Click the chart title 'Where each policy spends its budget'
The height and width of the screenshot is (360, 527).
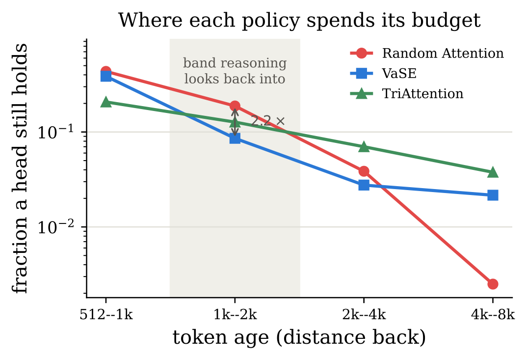[299, 20]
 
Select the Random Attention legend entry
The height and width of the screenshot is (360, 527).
[427, 53]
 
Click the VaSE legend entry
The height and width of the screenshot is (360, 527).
[384, 73]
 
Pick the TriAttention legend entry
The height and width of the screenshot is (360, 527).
[407, 93]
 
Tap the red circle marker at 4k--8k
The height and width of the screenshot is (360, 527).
[493, 284]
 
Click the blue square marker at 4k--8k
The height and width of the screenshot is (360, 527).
[493, 195]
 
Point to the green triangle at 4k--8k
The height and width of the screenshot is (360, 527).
[493, 172]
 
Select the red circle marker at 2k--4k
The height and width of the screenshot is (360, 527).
[364, 171]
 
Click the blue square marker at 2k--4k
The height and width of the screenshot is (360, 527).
[364, 185]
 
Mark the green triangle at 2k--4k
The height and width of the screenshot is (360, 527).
[364, 147]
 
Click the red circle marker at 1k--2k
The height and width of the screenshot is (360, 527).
[235, 106]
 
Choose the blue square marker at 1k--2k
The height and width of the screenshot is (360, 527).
[235, 138]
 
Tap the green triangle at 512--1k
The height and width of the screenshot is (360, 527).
[106, 102]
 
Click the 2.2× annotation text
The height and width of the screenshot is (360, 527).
[268, 121]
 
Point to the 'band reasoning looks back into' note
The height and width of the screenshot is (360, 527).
[235, 71]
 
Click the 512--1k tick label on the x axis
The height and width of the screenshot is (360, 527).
[106, 315]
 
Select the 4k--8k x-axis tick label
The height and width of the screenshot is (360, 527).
[493, 315]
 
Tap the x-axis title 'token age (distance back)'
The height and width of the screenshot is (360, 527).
[299, 337]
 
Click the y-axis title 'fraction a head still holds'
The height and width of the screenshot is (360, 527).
[20, 168]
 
